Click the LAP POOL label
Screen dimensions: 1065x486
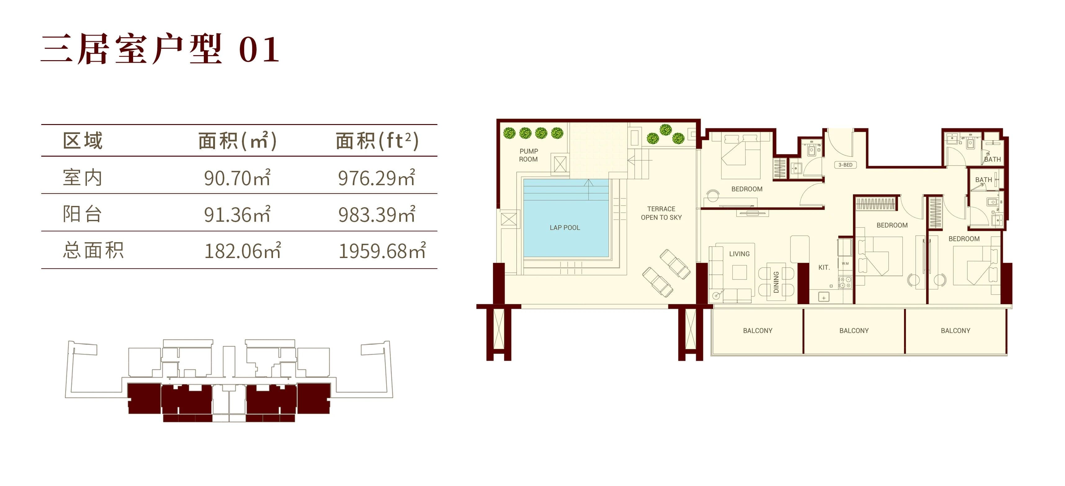565,228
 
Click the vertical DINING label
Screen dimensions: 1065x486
776,282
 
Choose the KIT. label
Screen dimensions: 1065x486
824,267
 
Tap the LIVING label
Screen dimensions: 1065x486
739,254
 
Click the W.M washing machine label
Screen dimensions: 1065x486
845,263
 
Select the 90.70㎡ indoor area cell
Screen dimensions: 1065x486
237,178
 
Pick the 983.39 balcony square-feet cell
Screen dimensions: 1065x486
377,215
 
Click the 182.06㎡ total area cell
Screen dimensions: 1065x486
243,250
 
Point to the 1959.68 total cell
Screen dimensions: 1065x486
382,250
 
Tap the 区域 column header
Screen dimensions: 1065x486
83,140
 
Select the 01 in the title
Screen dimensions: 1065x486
259,50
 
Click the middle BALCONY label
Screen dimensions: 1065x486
854,331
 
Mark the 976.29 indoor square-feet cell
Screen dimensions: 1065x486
377,178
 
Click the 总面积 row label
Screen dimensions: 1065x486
93,250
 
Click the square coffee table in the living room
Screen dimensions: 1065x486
740,272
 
